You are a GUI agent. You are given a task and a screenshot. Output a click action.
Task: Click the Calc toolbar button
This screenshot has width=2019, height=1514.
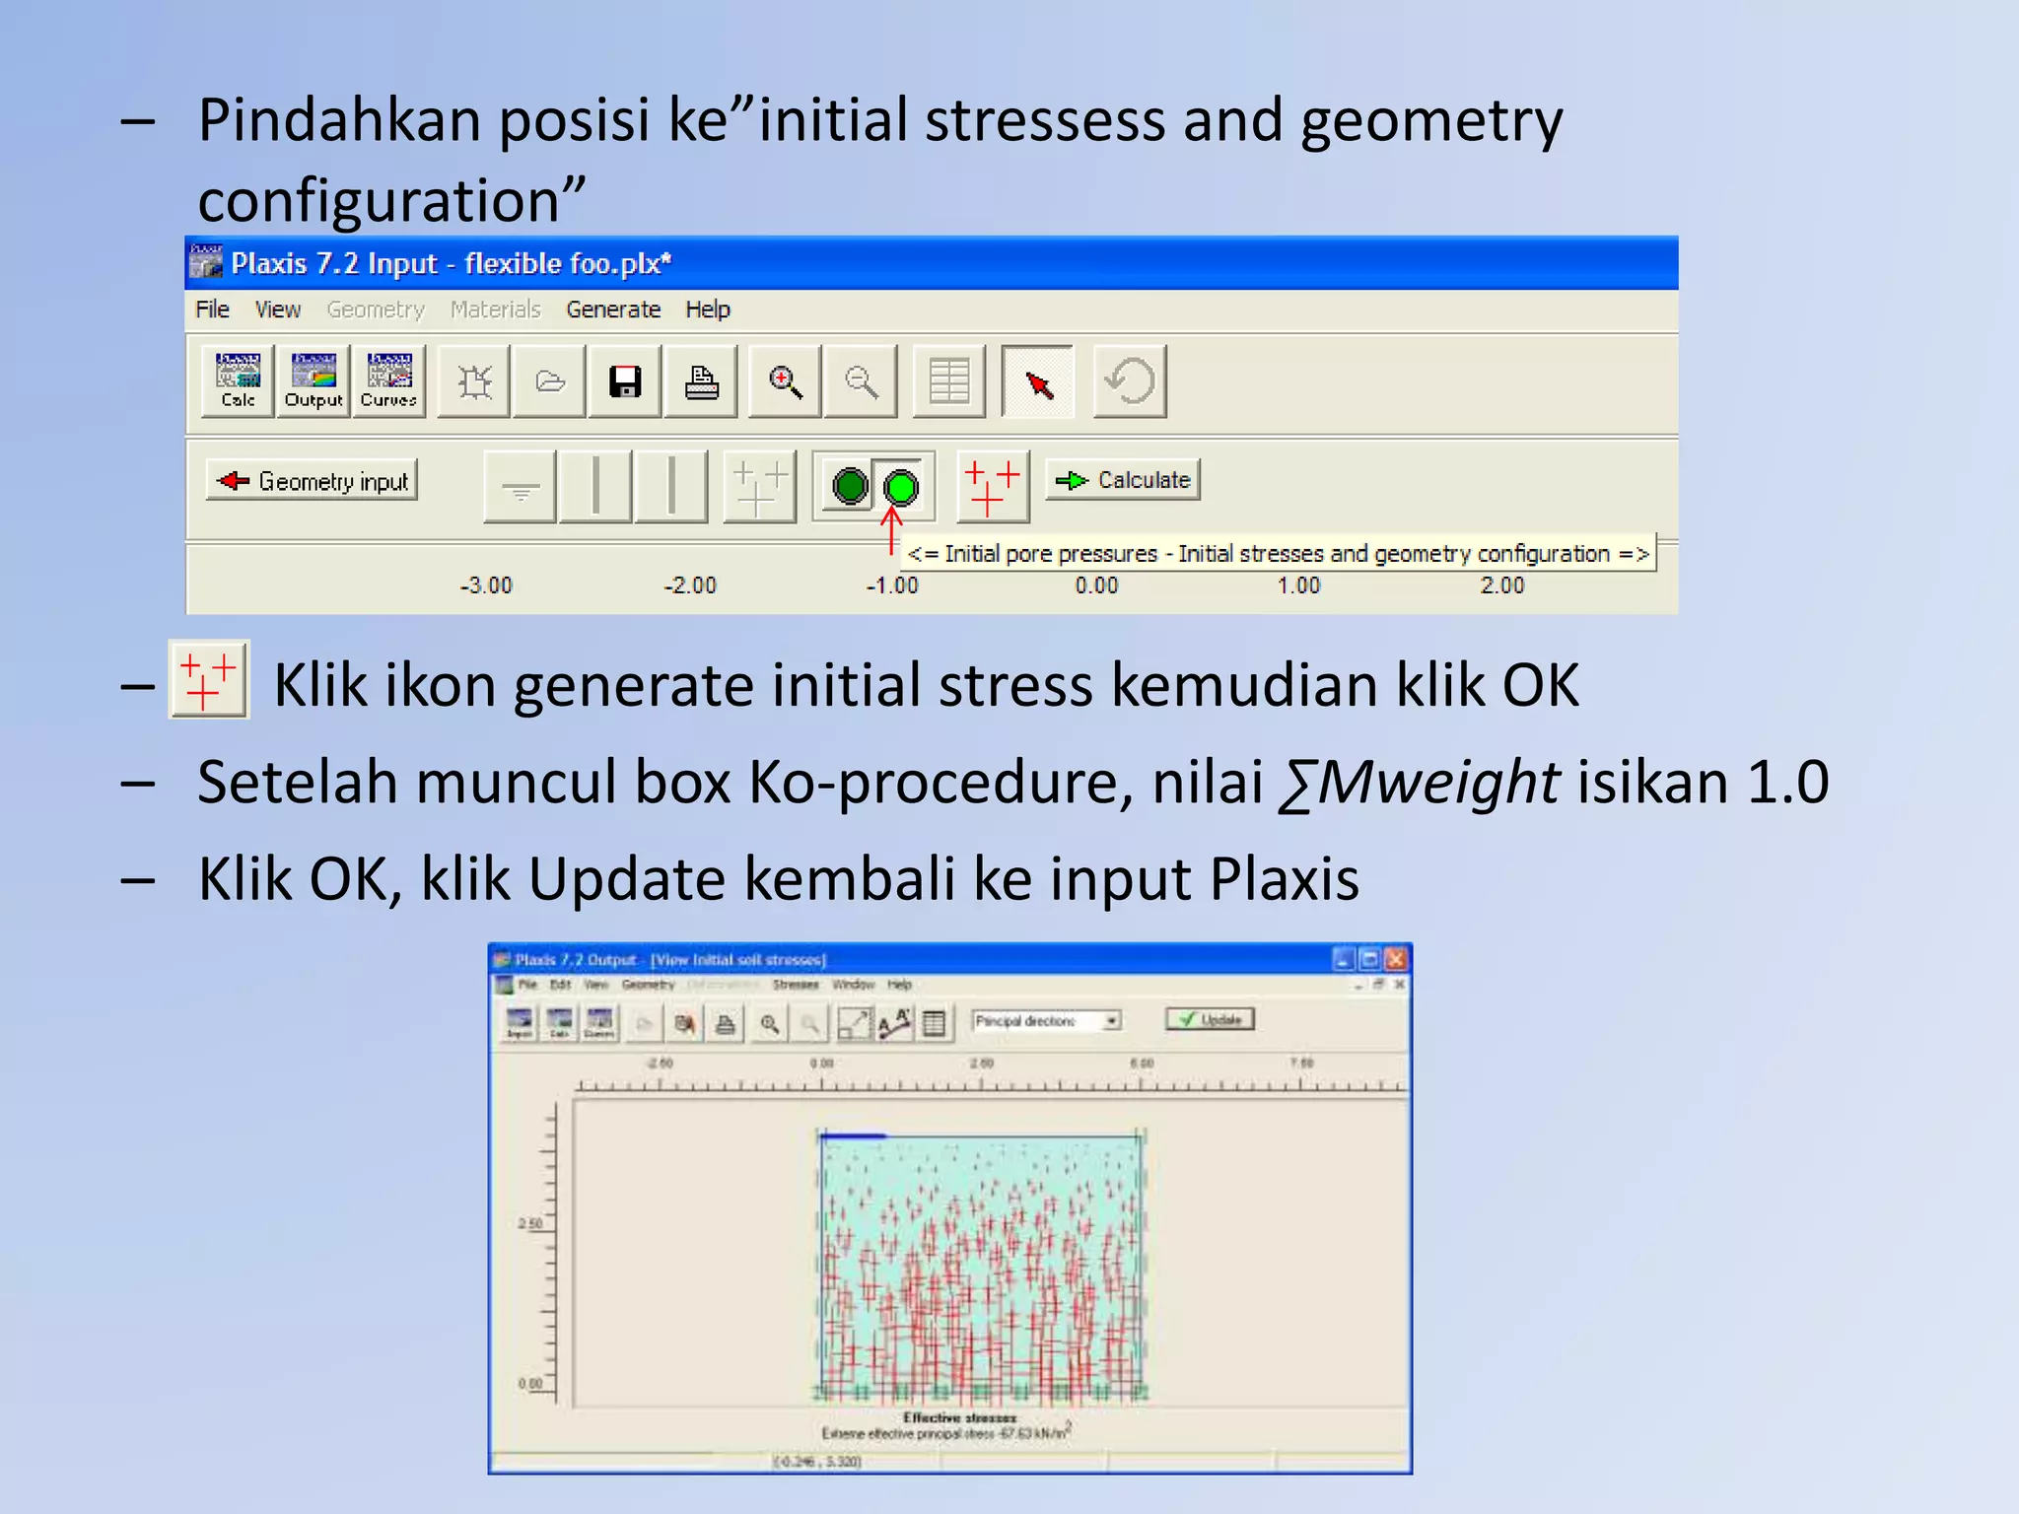(238, 381)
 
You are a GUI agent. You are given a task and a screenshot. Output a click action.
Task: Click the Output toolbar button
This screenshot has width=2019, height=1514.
(313, 381)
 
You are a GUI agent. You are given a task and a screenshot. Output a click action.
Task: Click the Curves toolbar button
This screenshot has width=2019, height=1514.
(388, 381)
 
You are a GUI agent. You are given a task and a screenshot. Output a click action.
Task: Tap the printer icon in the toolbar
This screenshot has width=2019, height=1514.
(701, 381)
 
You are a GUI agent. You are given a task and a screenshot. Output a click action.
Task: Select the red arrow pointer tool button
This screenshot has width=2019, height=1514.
(1037, 381)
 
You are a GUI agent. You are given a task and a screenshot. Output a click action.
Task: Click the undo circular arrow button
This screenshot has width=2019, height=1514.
(1130, 381)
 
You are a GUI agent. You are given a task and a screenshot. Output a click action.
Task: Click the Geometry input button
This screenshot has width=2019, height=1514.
(312, 481)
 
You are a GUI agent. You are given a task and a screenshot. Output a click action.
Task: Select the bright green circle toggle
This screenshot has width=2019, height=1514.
(900, 487)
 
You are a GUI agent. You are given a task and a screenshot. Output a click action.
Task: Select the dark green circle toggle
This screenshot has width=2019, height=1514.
(850, 486)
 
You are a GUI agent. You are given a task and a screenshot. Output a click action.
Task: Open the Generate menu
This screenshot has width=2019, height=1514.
(612, 310)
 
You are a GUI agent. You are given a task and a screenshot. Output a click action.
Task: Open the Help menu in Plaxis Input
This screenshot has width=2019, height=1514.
(707, 310)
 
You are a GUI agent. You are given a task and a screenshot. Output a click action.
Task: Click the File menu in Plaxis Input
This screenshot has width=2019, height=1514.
(212, 310)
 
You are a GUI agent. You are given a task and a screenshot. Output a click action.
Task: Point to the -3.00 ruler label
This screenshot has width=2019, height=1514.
(486, 585)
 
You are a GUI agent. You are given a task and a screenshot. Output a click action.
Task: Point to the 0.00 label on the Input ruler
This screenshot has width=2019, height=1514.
(1096, 585)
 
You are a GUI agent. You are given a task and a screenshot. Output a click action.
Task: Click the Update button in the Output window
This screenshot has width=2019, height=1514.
(1211, 1020)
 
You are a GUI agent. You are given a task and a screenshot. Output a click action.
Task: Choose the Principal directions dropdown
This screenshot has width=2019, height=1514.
(1046, 1021)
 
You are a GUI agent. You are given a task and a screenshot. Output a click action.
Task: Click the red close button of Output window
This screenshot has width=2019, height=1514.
(1396, 959)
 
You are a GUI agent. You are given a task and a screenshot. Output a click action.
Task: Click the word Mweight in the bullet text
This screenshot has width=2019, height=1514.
(1436, 783)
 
